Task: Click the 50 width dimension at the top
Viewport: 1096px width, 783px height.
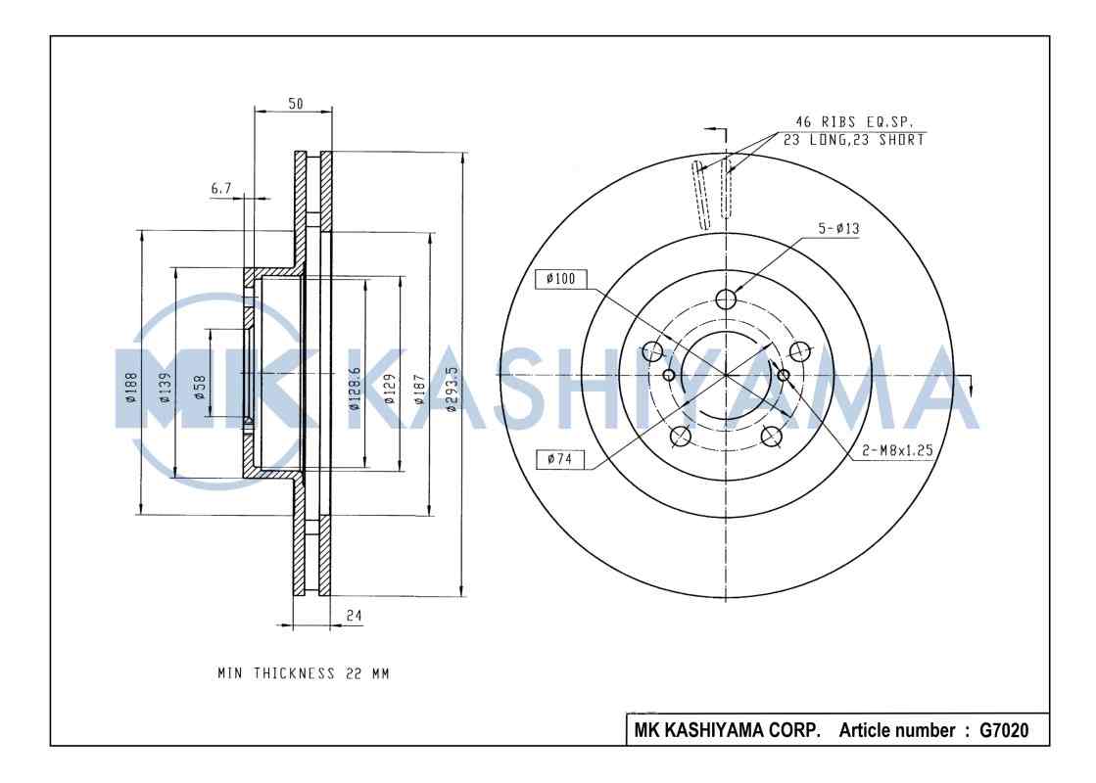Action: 295,104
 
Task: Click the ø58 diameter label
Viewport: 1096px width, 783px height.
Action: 199,388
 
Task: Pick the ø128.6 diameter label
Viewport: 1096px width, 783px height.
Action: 355,389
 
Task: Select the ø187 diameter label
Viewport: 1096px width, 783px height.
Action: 418,389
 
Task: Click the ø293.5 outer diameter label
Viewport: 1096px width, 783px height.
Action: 451,389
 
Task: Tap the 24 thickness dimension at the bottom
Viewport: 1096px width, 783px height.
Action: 355,616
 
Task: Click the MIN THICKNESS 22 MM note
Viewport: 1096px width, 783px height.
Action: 303,673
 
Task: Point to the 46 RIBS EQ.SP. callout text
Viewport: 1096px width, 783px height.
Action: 853,122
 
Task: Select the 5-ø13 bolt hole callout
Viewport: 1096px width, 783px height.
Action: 838,229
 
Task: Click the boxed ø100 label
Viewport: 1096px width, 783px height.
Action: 560,279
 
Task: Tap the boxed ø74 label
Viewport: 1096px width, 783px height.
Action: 560,458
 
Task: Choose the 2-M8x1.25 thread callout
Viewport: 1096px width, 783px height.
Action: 896,451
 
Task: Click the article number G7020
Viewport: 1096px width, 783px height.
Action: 1004,730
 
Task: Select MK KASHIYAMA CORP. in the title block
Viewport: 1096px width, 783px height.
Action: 728,730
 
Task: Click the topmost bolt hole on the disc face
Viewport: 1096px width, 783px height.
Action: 725,299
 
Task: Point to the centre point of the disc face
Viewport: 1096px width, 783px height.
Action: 725,375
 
